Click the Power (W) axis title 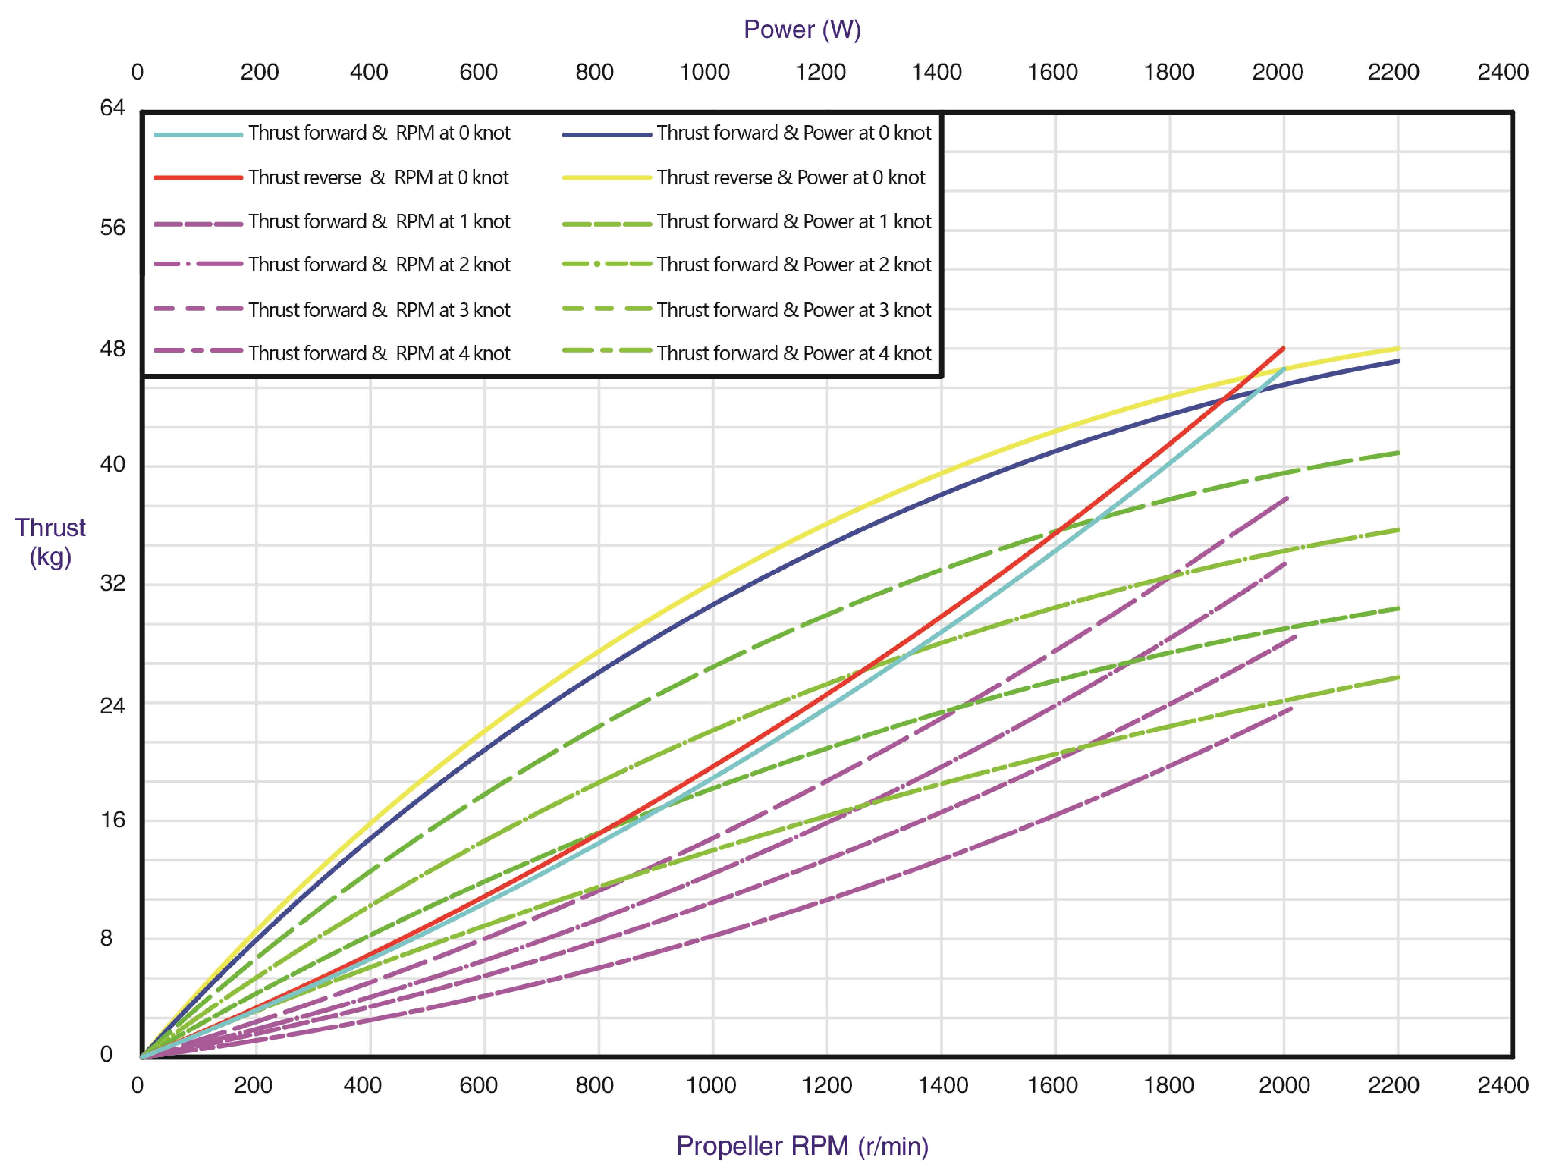pos(802,29)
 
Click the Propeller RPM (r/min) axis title pos(802,1146)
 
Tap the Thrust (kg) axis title pos(50,542)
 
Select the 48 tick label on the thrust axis pos(112,348)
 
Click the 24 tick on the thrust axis pos(112,705)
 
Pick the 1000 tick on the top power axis pos(704,72)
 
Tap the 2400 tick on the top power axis pos(1502,72)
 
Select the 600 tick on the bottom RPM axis pos(479,1085)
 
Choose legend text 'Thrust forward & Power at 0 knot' pos(794,133)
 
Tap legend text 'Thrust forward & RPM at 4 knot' pos(379,353)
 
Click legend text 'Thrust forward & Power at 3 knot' pos(794,310)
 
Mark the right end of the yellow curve pos(1398,348)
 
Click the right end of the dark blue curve pos(1398,361)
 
